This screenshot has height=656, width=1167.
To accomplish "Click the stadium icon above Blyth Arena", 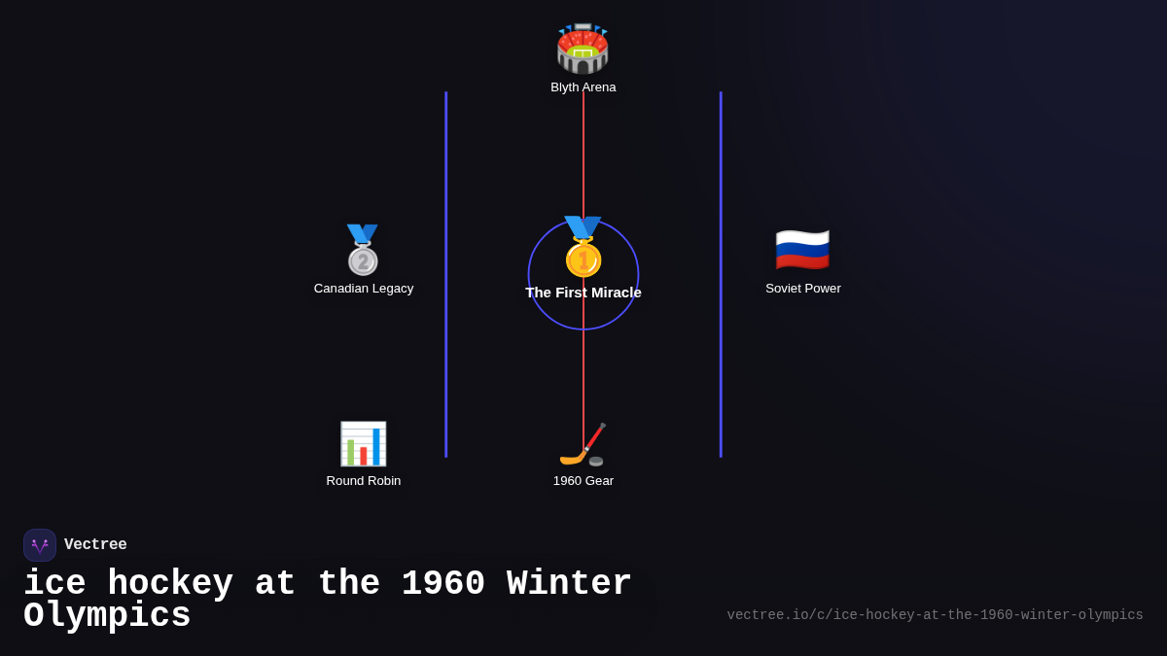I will [583, 49].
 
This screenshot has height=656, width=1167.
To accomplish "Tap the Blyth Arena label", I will [583, 87].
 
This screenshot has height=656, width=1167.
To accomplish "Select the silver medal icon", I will [363, 250].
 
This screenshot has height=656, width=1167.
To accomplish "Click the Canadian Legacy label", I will [364, 289].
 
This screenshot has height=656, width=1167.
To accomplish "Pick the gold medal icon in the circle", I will [583, 248].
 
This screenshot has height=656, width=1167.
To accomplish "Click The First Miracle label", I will [583, 293].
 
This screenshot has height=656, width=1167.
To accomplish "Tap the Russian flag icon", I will [802, 250].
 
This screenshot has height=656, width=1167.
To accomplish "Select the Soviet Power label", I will [803, 289].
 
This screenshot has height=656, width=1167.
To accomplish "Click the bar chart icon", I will [363, 444].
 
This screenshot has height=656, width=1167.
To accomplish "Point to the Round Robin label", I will [364, 481].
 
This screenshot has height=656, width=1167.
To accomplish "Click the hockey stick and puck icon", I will [583, 445].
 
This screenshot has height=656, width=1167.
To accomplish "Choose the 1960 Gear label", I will [583, 481].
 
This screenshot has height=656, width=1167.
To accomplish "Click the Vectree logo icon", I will [40, 545].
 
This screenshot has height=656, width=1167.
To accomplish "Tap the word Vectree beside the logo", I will [95, 545].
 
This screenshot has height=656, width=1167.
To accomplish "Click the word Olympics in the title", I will [107, 616].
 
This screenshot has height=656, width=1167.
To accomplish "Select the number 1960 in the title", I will [442, 584].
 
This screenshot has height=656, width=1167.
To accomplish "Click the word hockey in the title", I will [170, 584].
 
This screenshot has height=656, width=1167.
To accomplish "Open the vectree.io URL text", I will [935, 615].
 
